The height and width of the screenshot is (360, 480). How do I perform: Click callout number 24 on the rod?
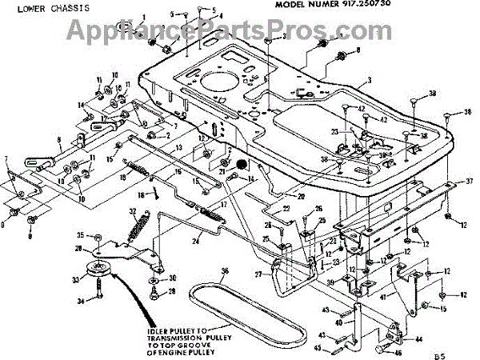pos(195,239)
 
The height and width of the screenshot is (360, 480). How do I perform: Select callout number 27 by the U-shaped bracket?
pos(256,274)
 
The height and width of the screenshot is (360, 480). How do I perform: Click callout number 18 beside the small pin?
pos(142,194)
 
